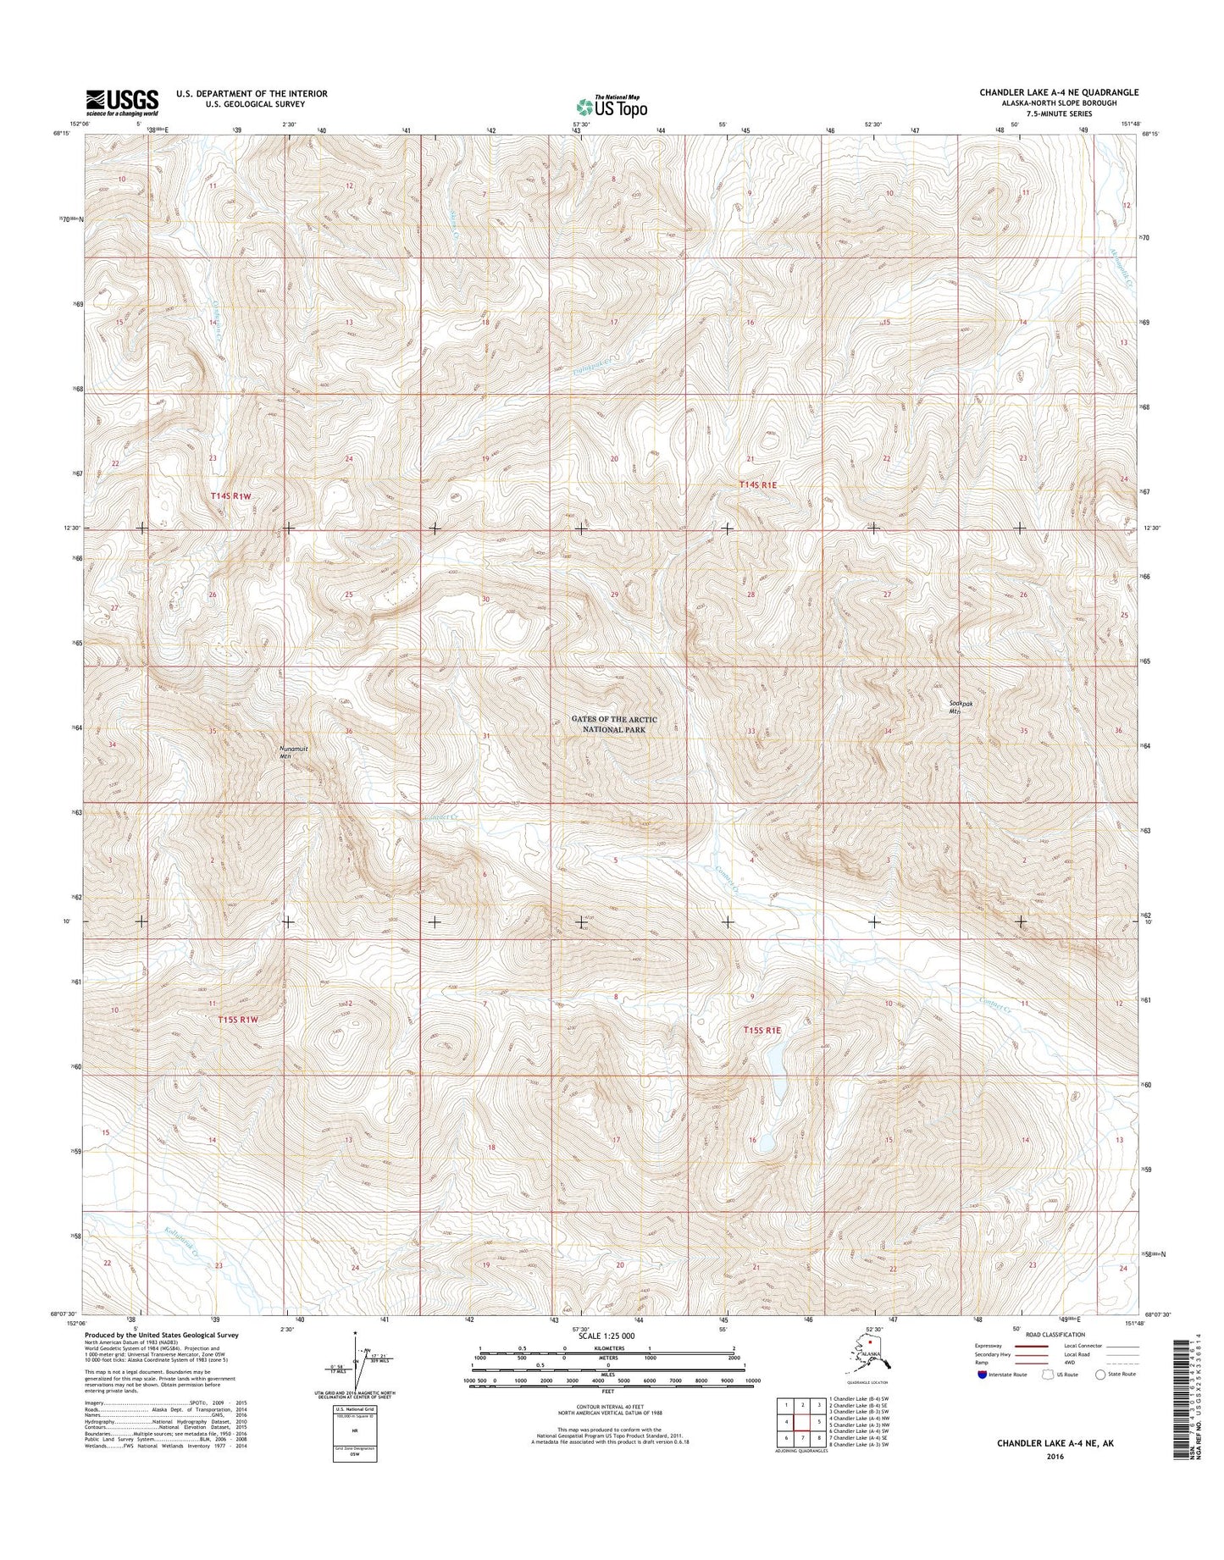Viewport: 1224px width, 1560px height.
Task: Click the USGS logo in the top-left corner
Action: [x=121, y=102]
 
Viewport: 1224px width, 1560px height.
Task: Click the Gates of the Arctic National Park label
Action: [x=613, y=724]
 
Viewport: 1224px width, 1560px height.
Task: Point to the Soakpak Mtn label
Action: [x=959, y=707]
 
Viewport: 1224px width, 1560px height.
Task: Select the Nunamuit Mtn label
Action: [x=292, y=753]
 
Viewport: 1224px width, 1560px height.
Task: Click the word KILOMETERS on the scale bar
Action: [x=612, y=1358]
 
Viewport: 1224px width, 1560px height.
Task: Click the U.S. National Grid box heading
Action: [x=356, y=1410]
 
